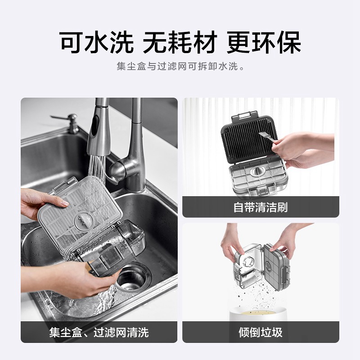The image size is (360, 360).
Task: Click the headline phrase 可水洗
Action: coord(96,43)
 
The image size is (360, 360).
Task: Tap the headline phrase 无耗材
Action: coord(180,43)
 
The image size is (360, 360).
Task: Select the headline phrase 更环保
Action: coord(264,43)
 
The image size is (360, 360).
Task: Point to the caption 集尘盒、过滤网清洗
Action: coord(99,332)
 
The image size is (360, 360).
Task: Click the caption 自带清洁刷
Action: coord(261,207)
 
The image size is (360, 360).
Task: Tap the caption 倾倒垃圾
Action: coord(261,332)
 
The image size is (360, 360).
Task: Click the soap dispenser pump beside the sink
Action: coord(69,123)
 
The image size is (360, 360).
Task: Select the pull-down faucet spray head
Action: coord(98,133)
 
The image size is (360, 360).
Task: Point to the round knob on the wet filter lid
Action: coord(84,220)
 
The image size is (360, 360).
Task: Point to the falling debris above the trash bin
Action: coord(257,294)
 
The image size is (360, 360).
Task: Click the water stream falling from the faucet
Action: coord(96,169)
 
